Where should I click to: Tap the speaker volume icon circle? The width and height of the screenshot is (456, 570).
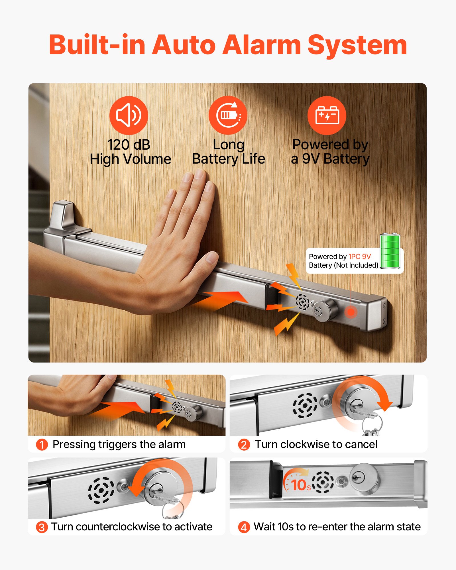[x=129, y=115]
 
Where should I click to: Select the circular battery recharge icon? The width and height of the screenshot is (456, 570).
[x=228, y=115]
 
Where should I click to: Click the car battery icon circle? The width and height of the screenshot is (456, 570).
[x=327, y=115]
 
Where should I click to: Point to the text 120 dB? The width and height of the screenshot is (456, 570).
[x=129, y=145]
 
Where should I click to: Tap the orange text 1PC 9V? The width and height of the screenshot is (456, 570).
[x=360, y=256]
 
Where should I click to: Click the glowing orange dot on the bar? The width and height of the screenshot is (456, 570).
[x=351, y=312]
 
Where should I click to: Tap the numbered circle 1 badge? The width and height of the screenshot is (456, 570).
[x=42, y=445]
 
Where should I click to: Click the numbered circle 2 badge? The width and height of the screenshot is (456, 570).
[x=244, y=445]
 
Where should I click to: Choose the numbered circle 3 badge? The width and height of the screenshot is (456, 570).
[x=42, y=527]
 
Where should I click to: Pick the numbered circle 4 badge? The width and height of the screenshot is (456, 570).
[x=244, y=527]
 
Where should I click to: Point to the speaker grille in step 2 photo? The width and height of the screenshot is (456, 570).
[x=305, y=405]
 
